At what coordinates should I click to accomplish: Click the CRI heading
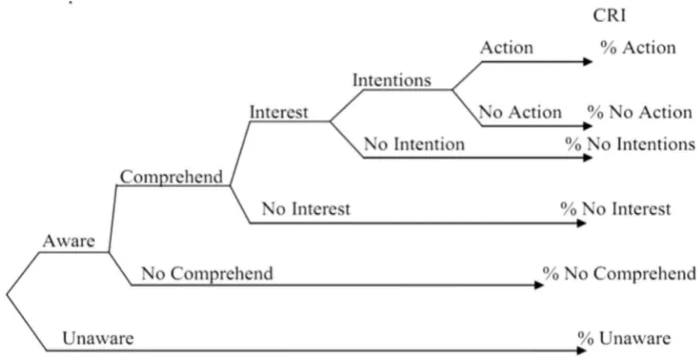click(x=609, y=16)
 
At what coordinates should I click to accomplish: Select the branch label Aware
click(x=69, y=241)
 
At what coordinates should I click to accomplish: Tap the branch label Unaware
click(x=98, y=339)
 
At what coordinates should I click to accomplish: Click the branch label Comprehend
click(x=171, y=177)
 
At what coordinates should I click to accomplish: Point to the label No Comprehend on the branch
click(x=207, y=273)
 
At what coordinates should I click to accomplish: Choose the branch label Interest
click(x=278, y=112)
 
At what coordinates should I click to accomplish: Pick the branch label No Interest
click(x=306, y=209)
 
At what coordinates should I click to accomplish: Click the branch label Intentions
click(x=392, y=80)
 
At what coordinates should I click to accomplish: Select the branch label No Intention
click(x=414, y=144)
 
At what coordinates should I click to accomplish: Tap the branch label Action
click(x=506, y=48)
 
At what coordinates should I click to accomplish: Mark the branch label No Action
click(x=520, y=112)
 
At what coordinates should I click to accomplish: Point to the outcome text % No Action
click(x=640, y=112)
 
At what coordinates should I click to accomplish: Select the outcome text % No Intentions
click(x=630, y=144)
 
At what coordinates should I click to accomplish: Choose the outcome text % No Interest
click(x=615, y=209)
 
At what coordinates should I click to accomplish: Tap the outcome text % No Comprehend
click(x=619, y=273)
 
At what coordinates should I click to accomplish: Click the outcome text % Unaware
click(x=624, y=339)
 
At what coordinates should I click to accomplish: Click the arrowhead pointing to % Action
click(x=587, y=62)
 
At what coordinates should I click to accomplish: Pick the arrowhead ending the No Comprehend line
click(x=539, y=285)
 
